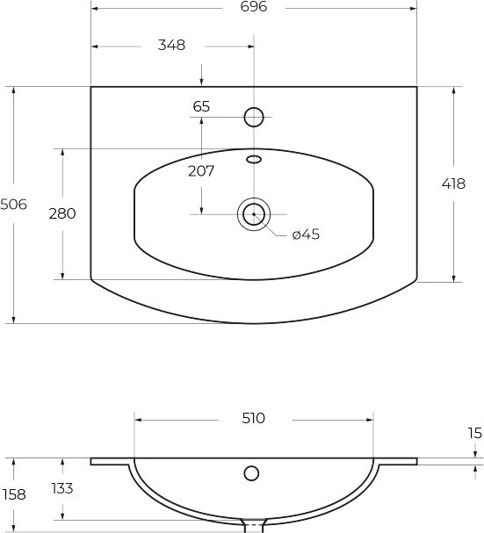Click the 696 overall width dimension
click(254, 7)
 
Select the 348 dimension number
click(171, 45)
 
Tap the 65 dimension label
click(201, 107)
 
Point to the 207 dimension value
click(201, 171)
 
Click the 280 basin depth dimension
click(62, 213)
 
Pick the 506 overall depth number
click(13, 205)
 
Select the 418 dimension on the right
click(453, 184)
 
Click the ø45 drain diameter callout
click(306, 234)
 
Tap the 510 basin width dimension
click(253, 419)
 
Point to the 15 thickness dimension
click(475, 434)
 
